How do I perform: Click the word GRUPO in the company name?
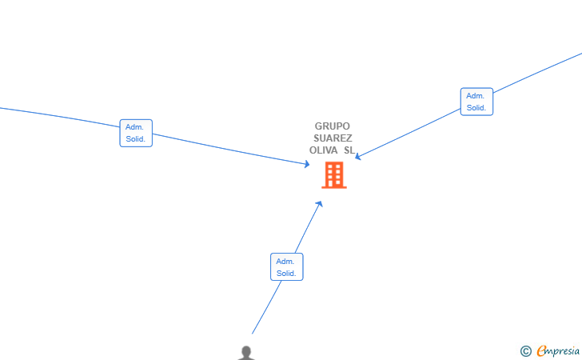333,126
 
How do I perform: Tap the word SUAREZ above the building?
333,138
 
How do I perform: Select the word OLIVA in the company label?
323,150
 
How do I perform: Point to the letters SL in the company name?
349,150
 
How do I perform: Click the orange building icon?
334,175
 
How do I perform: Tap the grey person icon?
246,353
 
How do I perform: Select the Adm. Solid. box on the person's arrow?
287,266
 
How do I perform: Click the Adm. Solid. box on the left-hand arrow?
136,133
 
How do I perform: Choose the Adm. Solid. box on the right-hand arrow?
476,102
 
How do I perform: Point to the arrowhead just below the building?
319,204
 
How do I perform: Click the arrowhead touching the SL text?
358,157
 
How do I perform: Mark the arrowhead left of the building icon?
307,164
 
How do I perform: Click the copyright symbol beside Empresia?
525,351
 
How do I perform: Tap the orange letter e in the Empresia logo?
541,350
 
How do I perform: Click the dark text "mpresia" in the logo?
563,351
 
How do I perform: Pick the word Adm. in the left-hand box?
134,127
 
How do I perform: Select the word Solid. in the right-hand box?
476,108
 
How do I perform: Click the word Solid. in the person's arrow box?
286,274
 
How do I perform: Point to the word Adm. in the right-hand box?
475,96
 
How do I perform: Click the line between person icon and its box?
266,307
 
